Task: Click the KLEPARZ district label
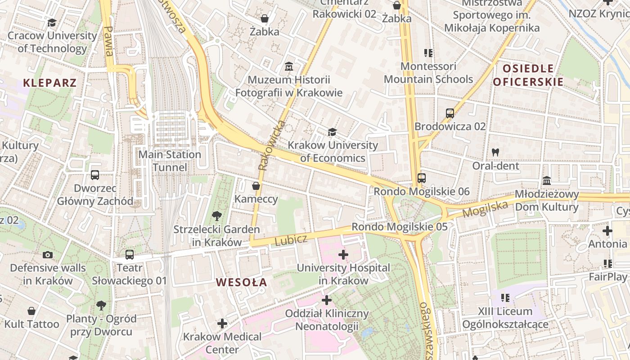point(49,83)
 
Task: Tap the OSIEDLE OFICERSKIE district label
point(528,75)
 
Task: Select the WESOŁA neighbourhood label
point(241,283)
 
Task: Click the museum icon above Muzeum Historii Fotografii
point(289,67)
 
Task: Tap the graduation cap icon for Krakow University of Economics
point(332,132)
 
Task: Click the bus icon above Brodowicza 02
point(450,113)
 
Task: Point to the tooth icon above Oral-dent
point(495,153)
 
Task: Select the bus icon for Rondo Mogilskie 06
point(421,178)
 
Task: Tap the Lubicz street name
point(290,240)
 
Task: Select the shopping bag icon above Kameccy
point(256,186)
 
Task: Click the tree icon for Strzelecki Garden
point(216,216)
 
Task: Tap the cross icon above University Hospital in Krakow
point(343,255)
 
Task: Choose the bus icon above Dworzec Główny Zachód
point(95,175)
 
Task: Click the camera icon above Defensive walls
point(48,255)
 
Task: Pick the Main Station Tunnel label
point(170,161)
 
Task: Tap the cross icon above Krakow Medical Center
point(222,324)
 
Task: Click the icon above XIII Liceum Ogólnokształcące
point(505,298)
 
